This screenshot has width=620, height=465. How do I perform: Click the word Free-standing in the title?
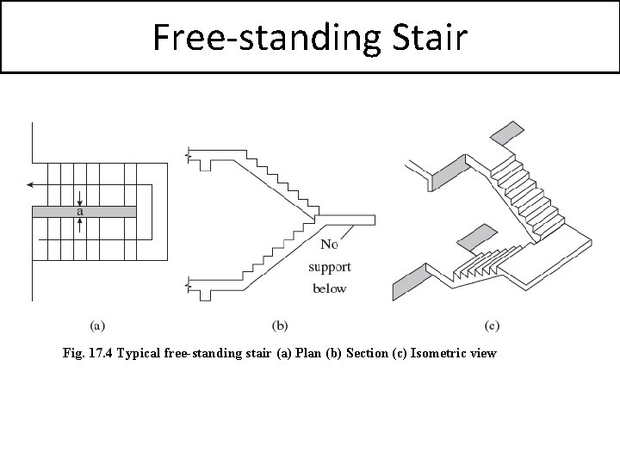266,39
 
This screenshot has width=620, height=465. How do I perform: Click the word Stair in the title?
431,37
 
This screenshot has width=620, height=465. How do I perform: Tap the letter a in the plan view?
80,211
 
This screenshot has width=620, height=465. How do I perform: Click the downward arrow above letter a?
80,199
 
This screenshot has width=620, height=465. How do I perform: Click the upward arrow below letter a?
80,225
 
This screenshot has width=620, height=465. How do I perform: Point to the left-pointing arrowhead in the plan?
29,184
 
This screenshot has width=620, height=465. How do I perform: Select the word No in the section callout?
329,245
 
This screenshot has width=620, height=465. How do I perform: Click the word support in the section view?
330,267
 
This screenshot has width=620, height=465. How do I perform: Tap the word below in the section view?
329,288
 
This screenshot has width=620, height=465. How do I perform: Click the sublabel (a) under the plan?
97,325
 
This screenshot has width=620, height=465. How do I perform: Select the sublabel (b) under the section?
280,325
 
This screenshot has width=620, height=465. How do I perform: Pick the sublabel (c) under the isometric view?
492,325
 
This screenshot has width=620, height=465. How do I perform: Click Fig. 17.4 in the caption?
88,353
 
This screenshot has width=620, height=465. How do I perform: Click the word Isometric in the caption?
436,353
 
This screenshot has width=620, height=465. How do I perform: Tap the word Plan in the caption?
308,353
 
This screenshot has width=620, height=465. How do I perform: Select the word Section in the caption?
367,353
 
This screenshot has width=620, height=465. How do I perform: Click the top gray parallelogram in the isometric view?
507,133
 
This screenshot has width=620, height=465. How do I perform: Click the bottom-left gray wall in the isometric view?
409,282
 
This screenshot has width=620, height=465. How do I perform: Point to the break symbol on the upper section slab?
189,155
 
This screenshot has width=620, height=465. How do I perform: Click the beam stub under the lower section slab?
205,295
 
